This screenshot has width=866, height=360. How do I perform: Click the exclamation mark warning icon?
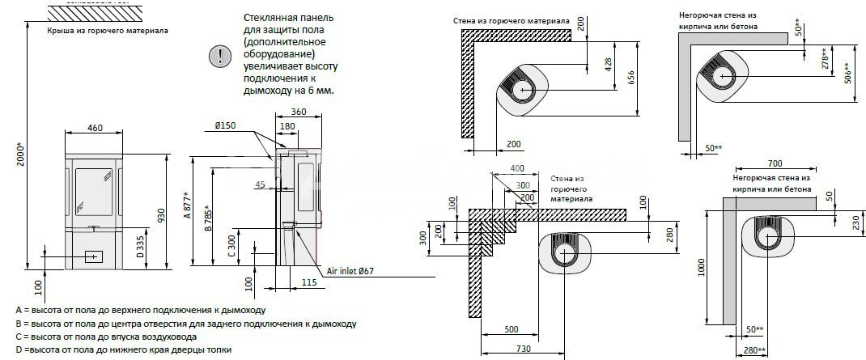coord(219,57)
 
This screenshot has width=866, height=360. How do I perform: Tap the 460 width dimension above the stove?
coord(95,128)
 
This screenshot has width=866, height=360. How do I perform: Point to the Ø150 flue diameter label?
coord(225,126)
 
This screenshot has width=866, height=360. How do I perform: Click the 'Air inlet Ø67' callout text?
coord(350,271)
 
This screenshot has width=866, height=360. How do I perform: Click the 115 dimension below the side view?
coord(309,282)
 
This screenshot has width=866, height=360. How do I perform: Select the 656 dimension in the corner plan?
coord(632,78)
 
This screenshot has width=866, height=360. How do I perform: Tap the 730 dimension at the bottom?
coord(523,349)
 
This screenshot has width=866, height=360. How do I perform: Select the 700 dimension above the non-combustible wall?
coord(775,164)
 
